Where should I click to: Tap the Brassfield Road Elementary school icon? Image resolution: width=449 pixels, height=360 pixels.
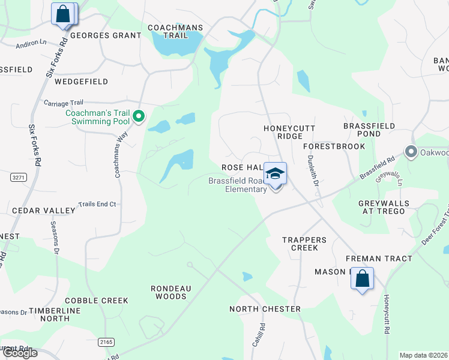click(276, 174)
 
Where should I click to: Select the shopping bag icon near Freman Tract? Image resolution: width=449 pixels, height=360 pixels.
click(362, 278)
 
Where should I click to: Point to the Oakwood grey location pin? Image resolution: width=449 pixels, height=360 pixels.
click(411, 151)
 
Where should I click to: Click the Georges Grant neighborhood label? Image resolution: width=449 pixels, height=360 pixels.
click(106, 35)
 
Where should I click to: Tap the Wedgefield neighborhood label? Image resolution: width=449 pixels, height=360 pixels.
click(81, 81)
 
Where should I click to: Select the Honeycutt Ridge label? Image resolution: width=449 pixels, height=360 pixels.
click(289, 132)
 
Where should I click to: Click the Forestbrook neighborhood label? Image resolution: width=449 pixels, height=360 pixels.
click(334, 146)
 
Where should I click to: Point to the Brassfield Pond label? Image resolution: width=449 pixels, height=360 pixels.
click(369, 130)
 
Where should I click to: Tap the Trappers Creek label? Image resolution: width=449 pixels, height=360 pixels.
click(304, 244)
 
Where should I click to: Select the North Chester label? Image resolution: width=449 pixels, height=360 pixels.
click(265, 309)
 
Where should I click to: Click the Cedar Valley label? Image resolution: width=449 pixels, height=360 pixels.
click(44, 211)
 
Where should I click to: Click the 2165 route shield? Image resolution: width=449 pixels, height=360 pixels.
click(106, 341)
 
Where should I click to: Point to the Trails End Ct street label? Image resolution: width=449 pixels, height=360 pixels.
click(97, 205)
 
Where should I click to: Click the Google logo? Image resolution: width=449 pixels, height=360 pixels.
click(19, 353)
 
